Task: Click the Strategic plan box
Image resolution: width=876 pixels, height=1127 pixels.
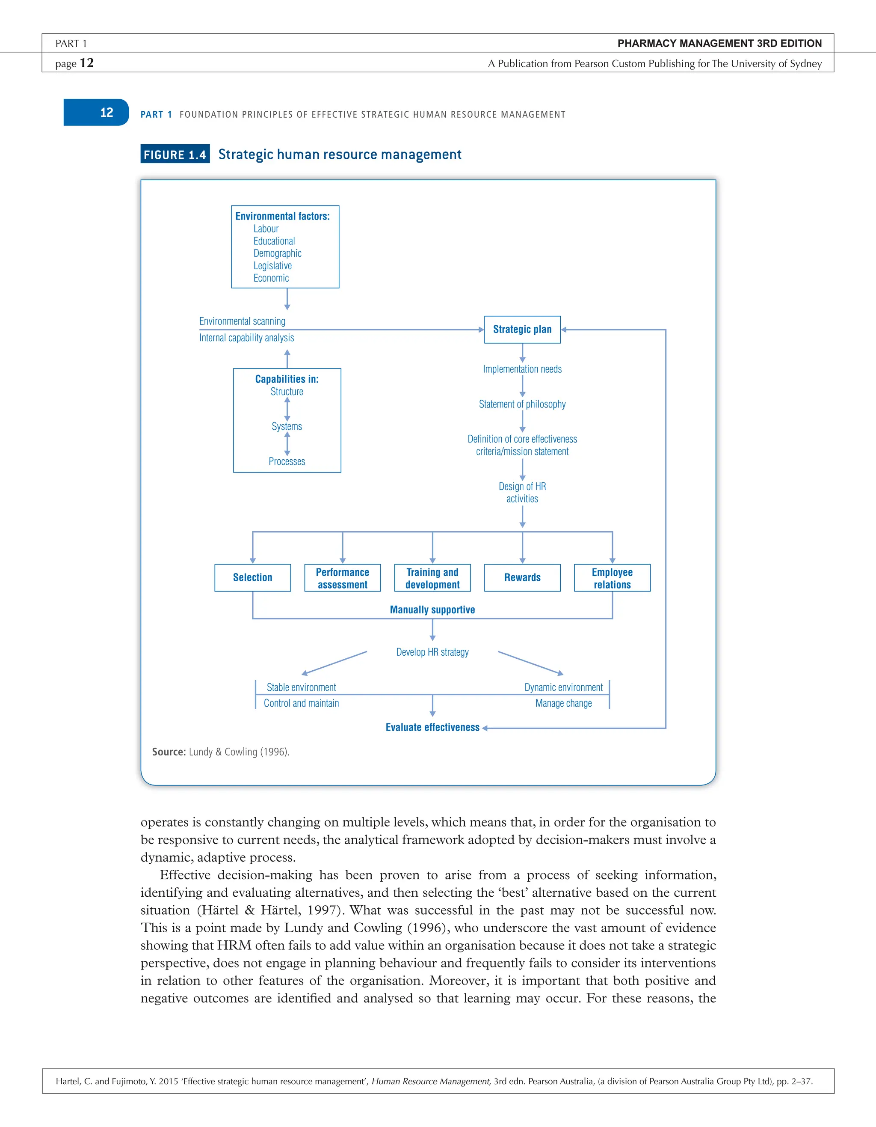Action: tap(522, 330)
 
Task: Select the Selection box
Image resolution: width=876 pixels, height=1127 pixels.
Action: tap(253, 577)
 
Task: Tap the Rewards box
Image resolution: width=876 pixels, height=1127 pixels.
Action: tap(522, 577)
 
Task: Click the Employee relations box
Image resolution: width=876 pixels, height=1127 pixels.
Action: tap(612, 578)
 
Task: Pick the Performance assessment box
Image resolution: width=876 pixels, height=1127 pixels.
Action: tap(342, 578)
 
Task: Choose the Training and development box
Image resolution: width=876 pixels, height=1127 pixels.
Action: tap(432, 578)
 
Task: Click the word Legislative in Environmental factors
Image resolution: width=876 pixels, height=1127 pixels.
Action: tap(272, 266)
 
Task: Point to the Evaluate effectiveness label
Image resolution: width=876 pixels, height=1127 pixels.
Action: tap(432, 728)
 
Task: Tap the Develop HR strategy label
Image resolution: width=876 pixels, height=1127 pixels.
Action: tap(432, 652)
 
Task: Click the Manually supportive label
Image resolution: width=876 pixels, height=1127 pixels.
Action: tap(432, 610)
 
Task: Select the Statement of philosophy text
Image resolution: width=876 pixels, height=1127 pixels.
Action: tap(522, 404)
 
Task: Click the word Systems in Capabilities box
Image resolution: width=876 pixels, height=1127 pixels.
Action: tap(287, 426)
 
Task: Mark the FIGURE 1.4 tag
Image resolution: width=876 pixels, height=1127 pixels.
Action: tap(175, 154)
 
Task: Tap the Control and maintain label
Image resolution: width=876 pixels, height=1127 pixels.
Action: tap(301, 703)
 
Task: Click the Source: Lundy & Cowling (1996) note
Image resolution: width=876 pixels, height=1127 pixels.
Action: tap(221, 752)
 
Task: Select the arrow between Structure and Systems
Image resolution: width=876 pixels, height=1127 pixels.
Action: tap(287, 409)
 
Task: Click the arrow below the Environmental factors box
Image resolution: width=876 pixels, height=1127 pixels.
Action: tap(287, 299)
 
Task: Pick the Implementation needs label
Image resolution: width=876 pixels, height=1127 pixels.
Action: tap(522, 369)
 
